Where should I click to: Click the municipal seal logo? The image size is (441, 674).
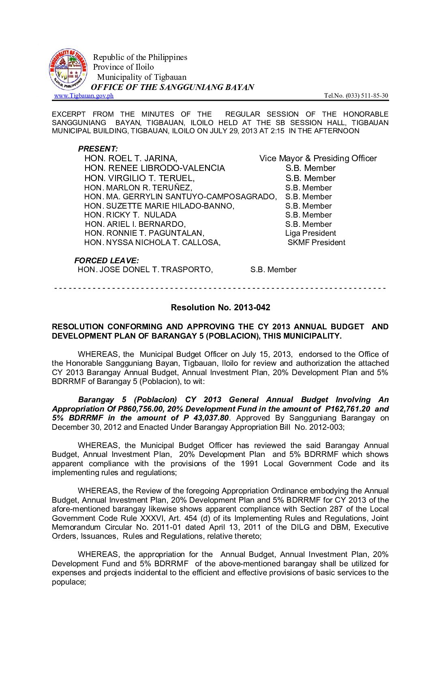pos(68,70)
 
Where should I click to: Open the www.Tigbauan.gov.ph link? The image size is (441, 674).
pos(84,96)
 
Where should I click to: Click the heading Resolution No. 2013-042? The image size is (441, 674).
pos(220,307)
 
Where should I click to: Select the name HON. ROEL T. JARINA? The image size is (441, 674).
pos(131,158)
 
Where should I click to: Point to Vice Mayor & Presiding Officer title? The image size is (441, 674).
pos(318,158)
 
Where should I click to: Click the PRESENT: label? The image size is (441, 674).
pos(98,149)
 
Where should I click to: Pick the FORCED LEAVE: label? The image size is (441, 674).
pos(106,260)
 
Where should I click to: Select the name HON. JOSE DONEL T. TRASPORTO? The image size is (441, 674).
pos(145,270)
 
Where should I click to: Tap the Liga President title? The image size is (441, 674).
pos(310,233)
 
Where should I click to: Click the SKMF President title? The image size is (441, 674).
pos(316,243)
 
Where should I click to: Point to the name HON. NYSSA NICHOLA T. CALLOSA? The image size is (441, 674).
pos(152,243)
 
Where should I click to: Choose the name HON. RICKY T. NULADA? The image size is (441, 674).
pos(130,215)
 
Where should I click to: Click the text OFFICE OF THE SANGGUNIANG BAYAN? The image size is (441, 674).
pos(172,87)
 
